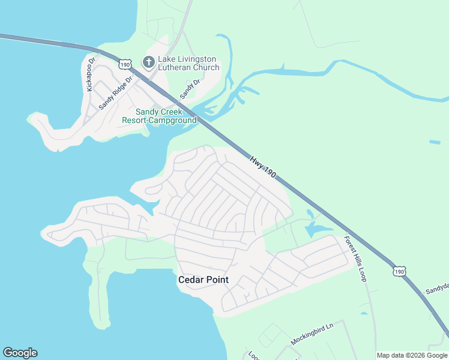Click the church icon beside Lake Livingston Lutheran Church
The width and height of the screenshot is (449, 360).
point(148,61)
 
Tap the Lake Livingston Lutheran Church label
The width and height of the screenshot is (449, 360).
point(188,64)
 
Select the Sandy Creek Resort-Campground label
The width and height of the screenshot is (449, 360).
point(159,116)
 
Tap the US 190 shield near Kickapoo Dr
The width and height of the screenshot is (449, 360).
point(125,64)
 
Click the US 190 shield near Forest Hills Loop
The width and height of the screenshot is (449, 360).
point(399,272)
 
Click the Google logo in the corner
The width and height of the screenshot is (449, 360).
point(20,353)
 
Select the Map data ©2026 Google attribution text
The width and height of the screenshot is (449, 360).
point(412,355)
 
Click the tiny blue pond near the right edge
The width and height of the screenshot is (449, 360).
point(435,142)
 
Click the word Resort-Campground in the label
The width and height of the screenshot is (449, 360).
point(159,120)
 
